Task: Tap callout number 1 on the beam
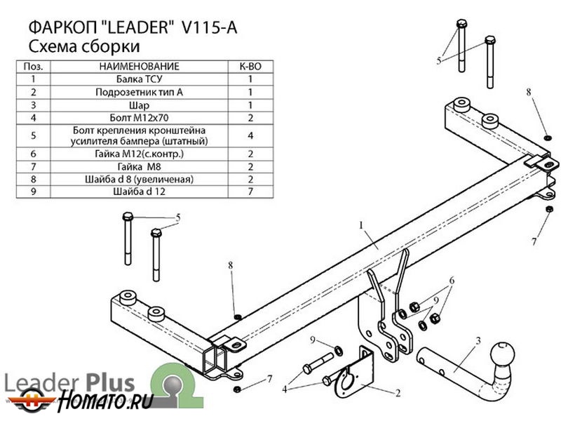[x=361, y=225]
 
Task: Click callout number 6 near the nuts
[x=452, y=281]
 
